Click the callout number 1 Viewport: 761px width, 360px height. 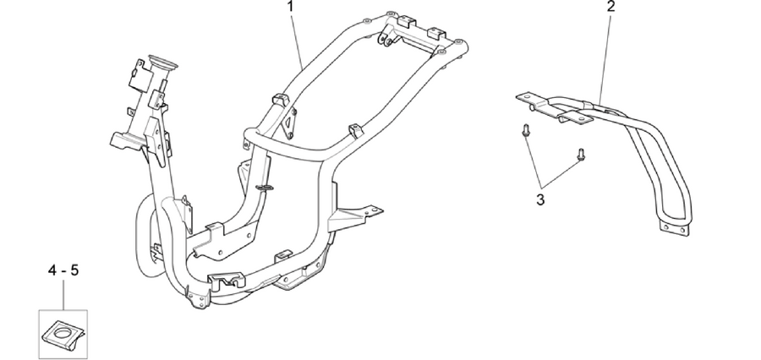(x=291, y=6)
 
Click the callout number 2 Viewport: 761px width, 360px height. (x=611, y=6)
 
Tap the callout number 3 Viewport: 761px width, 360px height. (x=540, y=199)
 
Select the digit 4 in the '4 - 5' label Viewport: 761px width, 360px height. (x=52, y=270)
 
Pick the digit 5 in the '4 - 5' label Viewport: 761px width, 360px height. (x=74, y=270)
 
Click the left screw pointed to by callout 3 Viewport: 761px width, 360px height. (x=525, y=130)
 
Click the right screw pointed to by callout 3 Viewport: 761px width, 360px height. (x=580, y=155)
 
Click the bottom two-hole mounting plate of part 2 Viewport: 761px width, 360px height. (x=674, y=228)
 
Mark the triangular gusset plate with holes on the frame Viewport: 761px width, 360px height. (x=290, y=123)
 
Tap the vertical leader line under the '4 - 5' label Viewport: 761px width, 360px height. (x=63, y=294)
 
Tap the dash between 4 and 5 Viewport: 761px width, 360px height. (x=63, y=271)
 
